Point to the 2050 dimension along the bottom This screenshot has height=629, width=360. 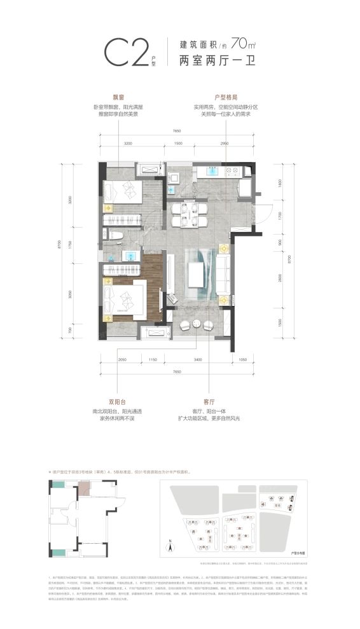(x=123, y=361)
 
